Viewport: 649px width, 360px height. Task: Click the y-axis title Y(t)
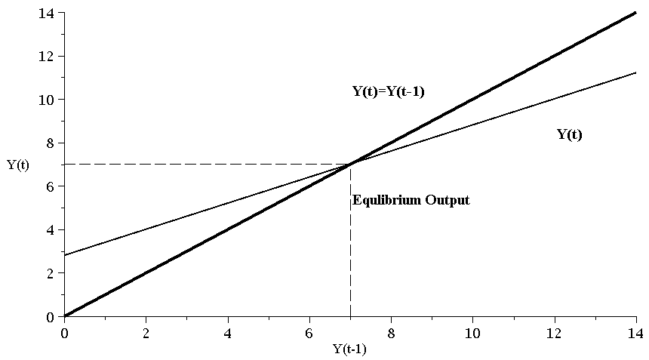point(18,165)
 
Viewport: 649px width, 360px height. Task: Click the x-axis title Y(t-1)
point(349,349)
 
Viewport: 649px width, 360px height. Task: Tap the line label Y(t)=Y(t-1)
point(391,92)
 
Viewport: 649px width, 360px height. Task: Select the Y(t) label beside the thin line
point(570,135)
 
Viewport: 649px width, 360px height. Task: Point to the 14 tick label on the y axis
point(48,13)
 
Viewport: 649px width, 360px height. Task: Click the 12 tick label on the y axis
point(48,57)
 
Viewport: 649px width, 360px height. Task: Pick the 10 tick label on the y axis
point(48,100)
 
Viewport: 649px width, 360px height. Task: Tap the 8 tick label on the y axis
point(51,143)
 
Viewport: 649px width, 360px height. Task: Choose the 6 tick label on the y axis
point(51,186)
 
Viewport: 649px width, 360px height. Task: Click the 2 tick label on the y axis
point(51,273)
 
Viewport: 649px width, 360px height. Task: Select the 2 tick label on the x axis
point(146,331)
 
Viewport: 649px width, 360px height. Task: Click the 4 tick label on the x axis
point(227,331)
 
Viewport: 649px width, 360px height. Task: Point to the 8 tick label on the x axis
point(391,331)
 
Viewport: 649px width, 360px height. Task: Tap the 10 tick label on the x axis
point(472,331)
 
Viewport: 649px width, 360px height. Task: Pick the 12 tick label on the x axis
point(554,331)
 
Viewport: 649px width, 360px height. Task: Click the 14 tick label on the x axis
point(635,331)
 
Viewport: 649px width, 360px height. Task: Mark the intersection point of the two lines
point(350,164)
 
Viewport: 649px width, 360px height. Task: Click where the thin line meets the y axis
point(64,255)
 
